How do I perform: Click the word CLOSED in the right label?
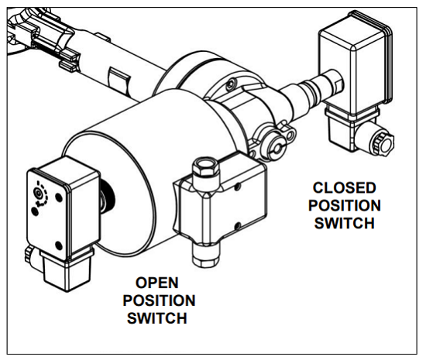pyautogui.click(x=344, y=188)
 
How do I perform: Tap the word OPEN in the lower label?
pyautogui.click(x=157, y=283)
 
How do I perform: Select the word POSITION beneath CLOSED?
pyautogui.click(x=345, y=205)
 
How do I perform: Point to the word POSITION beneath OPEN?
pyautogui.click(x=159, y=300)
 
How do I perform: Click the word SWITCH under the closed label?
pyautogui.click(x=344, y=223)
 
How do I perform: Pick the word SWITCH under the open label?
pyautogui.click(x=157, y=318)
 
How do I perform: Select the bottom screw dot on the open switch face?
pyautogui.click(x=58, y=245)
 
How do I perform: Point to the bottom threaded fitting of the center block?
pyautogui.click(x=205, y=254)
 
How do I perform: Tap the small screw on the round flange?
pyautogui.click(x=230, y=84)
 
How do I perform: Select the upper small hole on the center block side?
pyautogui.click(x=238, y=187)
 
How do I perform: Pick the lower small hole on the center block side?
pyautogui.click(x=237, y=225)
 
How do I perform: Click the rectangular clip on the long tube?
pyautogui.click(x=119, y=79)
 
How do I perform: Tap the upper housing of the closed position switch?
pyautogui.click(x=356, y=63)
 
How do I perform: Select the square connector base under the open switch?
pyautogui.click(x=67, y=272)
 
